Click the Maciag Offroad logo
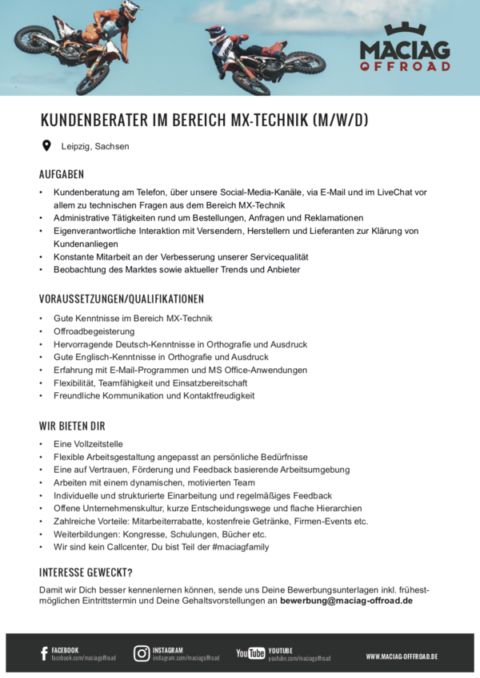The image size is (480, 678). pyautogui.click(x=405, y=49)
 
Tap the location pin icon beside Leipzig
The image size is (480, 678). pyautogui.click(x=46, y=146)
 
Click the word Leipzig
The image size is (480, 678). pyautogui.click(x=76, y=147)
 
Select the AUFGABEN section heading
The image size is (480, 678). pyautogui.click(x=62, y=174)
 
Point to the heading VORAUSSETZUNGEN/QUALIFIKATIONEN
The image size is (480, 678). pyautogui.click(x=122, y=299)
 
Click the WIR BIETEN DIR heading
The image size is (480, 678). pyautogui.click(x=72, y=426)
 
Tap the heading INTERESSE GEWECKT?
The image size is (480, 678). pyautogui.click(x=86, y=573)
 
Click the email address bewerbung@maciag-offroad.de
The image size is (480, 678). pyautogui.click(x=346, y=601)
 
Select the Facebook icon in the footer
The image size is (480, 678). pyautogui.click(x=44, y=654)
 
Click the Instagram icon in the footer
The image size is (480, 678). pyautogui.click(x=142, y=653)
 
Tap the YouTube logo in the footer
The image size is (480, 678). pyautogui.click(x=250, y=653)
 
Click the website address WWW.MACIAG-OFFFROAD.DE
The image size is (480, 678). pyautogui.click(x=402, y=656)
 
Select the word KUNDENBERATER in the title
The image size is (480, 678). pyautogui.click(x=94, y=121)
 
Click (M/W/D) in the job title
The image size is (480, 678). pyautogui.click(x=338, y=121)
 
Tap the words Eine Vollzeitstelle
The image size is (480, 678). pyautogui.click(x=89, y=444)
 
